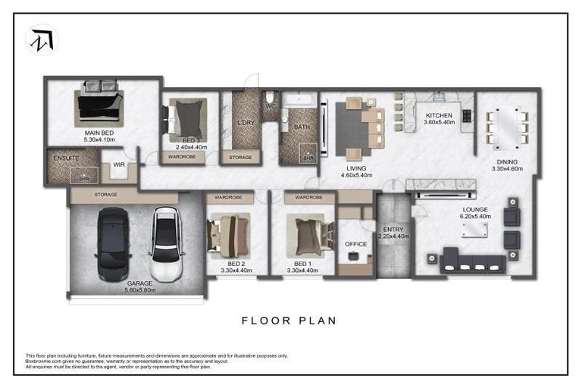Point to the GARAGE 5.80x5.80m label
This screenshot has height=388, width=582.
tap(136, 286)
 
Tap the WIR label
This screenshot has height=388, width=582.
tap(119, 164)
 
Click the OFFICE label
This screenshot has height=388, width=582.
tap(355, 244)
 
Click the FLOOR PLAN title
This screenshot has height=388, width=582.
tap(289, 321)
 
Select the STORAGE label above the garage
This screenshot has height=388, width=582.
tap(106, 195)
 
